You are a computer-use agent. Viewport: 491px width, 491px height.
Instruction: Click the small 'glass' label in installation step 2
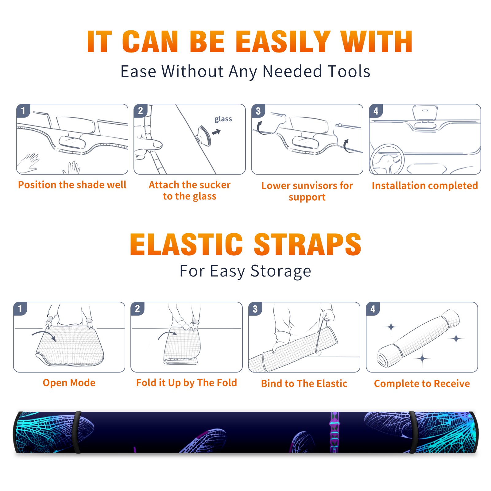point(223,119)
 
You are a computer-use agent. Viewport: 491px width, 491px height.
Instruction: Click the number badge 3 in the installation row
point(258,111)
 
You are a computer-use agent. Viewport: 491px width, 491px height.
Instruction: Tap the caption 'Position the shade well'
point(72,185)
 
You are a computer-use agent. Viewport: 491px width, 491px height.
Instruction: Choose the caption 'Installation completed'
point(425,185)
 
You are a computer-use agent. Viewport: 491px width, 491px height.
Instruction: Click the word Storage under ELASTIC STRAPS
point(281,271)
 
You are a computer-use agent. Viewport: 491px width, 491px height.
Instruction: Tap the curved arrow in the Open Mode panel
point(44,335)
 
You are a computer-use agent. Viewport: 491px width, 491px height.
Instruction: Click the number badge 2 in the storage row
point(137,309)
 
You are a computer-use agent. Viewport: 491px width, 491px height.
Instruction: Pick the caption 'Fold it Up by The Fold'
point(187,383)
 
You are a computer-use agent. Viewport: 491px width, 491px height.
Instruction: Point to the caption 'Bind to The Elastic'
point(304,384)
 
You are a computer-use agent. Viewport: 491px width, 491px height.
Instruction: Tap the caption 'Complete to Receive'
point(422,384)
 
